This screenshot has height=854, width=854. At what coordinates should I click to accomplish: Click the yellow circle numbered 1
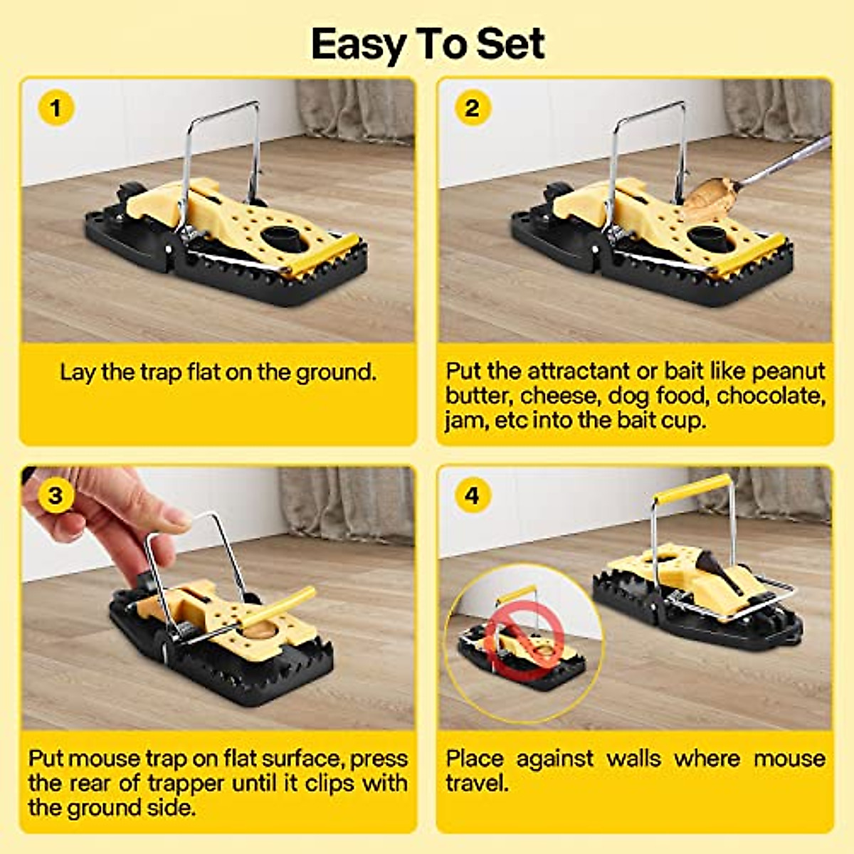click(56, 108)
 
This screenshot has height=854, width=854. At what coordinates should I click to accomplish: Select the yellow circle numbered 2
click(472, 108)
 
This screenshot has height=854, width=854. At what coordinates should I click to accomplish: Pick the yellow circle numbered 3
click(56, 495)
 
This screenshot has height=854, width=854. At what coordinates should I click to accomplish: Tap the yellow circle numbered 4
click(472, 495)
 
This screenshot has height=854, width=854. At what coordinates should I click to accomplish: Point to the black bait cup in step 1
click(282, 238)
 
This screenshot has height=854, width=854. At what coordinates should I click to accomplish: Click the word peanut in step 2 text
click(788, 371)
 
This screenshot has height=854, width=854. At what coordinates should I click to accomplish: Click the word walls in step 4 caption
click(633, 759)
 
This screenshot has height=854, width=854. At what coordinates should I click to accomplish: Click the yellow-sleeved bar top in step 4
click(693, 489)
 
